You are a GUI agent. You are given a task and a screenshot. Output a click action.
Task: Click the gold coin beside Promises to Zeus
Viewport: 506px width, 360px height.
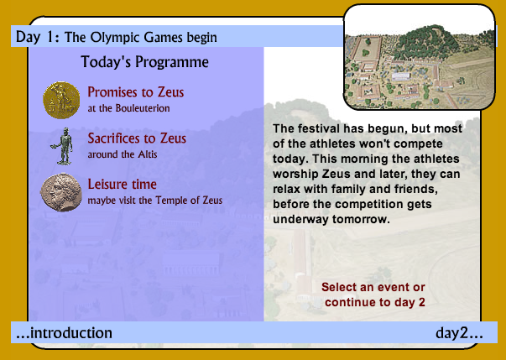tap(61, 100)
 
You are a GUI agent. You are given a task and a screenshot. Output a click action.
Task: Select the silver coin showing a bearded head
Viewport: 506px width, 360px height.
tap(60, 192)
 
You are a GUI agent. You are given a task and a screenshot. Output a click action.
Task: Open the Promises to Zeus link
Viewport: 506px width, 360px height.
tap(136, 92)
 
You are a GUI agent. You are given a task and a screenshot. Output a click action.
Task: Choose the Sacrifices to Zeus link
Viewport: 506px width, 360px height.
tap(137, 138)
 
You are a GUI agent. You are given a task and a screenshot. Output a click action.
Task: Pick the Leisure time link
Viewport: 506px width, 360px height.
tap(122, 184)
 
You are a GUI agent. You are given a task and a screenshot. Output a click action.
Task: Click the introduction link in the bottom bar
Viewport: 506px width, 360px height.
tap(64, 333)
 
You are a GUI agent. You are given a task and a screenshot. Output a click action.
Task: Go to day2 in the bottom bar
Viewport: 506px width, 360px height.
tap(459, 333)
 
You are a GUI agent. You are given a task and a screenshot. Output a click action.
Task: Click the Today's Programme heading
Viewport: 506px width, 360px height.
tap(144, 61)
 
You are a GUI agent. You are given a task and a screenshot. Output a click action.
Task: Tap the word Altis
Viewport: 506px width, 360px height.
tap(148, 154)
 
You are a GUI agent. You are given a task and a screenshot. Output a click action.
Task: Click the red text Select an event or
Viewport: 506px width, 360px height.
tap(373, 287)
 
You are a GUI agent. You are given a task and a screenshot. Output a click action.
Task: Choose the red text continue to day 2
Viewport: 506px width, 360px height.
tap(375, 302)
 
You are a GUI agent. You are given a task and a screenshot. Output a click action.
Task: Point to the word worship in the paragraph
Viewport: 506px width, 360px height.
tap(295, 175)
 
